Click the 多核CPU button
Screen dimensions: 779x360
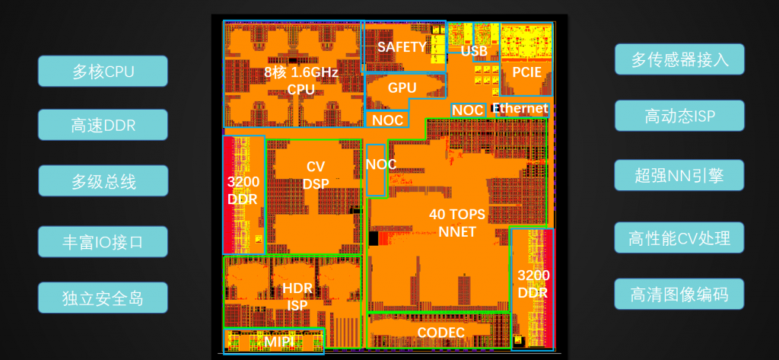point(103,71)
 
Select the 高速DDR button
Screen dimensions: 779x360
point(103,125)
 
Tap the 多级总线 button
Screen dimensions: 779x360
point(103,181)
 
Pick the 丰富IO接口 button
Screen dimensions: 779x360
point(103,242)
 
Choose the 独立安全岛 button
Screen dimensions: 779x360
point(103,298)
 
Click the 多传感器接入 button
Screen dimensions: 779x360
point(679,59)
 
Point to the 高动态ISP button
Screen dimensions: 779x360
point(679,116)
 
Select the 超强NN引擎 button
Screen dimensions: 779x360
point(679,175)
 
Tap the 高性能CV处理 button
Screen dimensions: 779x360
point(679,237)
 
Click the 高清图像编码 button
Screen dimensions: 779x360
point(679,294)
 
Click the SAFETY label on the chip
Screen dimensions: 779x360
point(402,46)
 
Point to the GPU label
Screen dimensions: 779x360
point(402,88)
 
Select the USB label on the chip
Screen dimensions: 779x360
point(473,51)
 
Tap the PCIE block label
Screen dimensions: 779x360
point(526,72)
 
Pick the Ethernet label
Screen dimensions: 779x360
point(520,108)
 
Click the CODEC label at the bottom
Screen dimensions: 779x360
point(440,332)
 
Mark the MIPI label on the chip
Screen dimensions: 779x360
point(278,342)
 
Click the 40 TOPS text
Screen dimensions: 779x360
point(457,215)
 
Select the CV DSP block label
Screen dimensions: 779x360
point(316,175)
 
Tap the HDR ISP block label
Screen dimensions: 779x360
point(297,296)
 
